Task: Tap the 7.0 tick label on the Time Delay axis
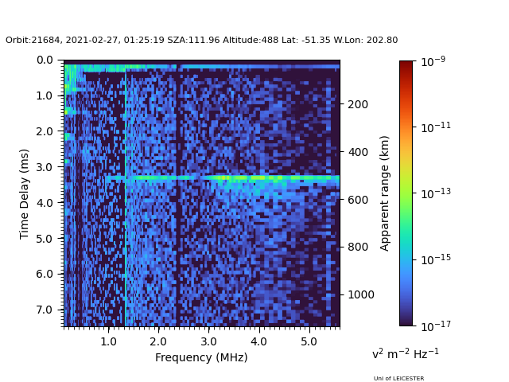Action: coord(46,310)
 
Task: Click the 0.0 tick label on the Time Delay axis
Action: coord(46,60)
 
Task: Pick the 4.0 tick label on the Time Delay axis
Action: coord(46,203)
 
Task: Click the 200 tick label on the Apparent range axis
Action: coord(357,104)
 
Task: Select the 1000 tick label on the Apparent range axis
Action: coord(360,294)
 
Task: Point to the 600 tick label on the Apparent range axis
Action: coord(357,200)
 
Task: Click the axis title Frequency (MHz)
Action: coord(201,357)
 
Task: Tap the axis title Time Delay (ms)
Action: coord(25,193)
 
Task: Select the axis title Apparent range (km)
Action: coord(385,193)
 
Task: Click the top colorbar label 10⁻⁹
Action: coord(433,61)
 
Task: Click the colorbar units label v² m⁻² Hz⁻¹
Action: coord(406,353)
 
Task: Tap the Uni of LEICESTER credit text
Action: coord(398,379)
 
